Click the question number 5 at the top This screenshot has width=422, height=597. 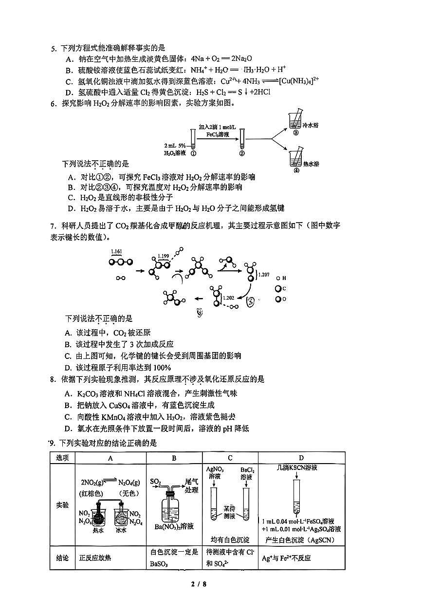point(54,48)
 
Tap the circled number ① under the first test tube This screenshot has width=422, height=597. point(193,152)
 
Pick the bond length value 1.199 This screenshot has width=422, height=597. point(163,256)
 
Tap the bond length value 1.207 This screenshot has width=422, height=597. point(263,275)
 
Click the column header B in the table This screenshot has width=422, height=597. point(174,458)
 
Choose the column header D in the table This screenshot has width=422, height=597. point(301,458)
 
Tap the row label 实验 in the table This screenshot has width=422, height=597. point(62,505)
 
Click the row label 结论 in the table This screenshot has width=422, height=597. point(62,558)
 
